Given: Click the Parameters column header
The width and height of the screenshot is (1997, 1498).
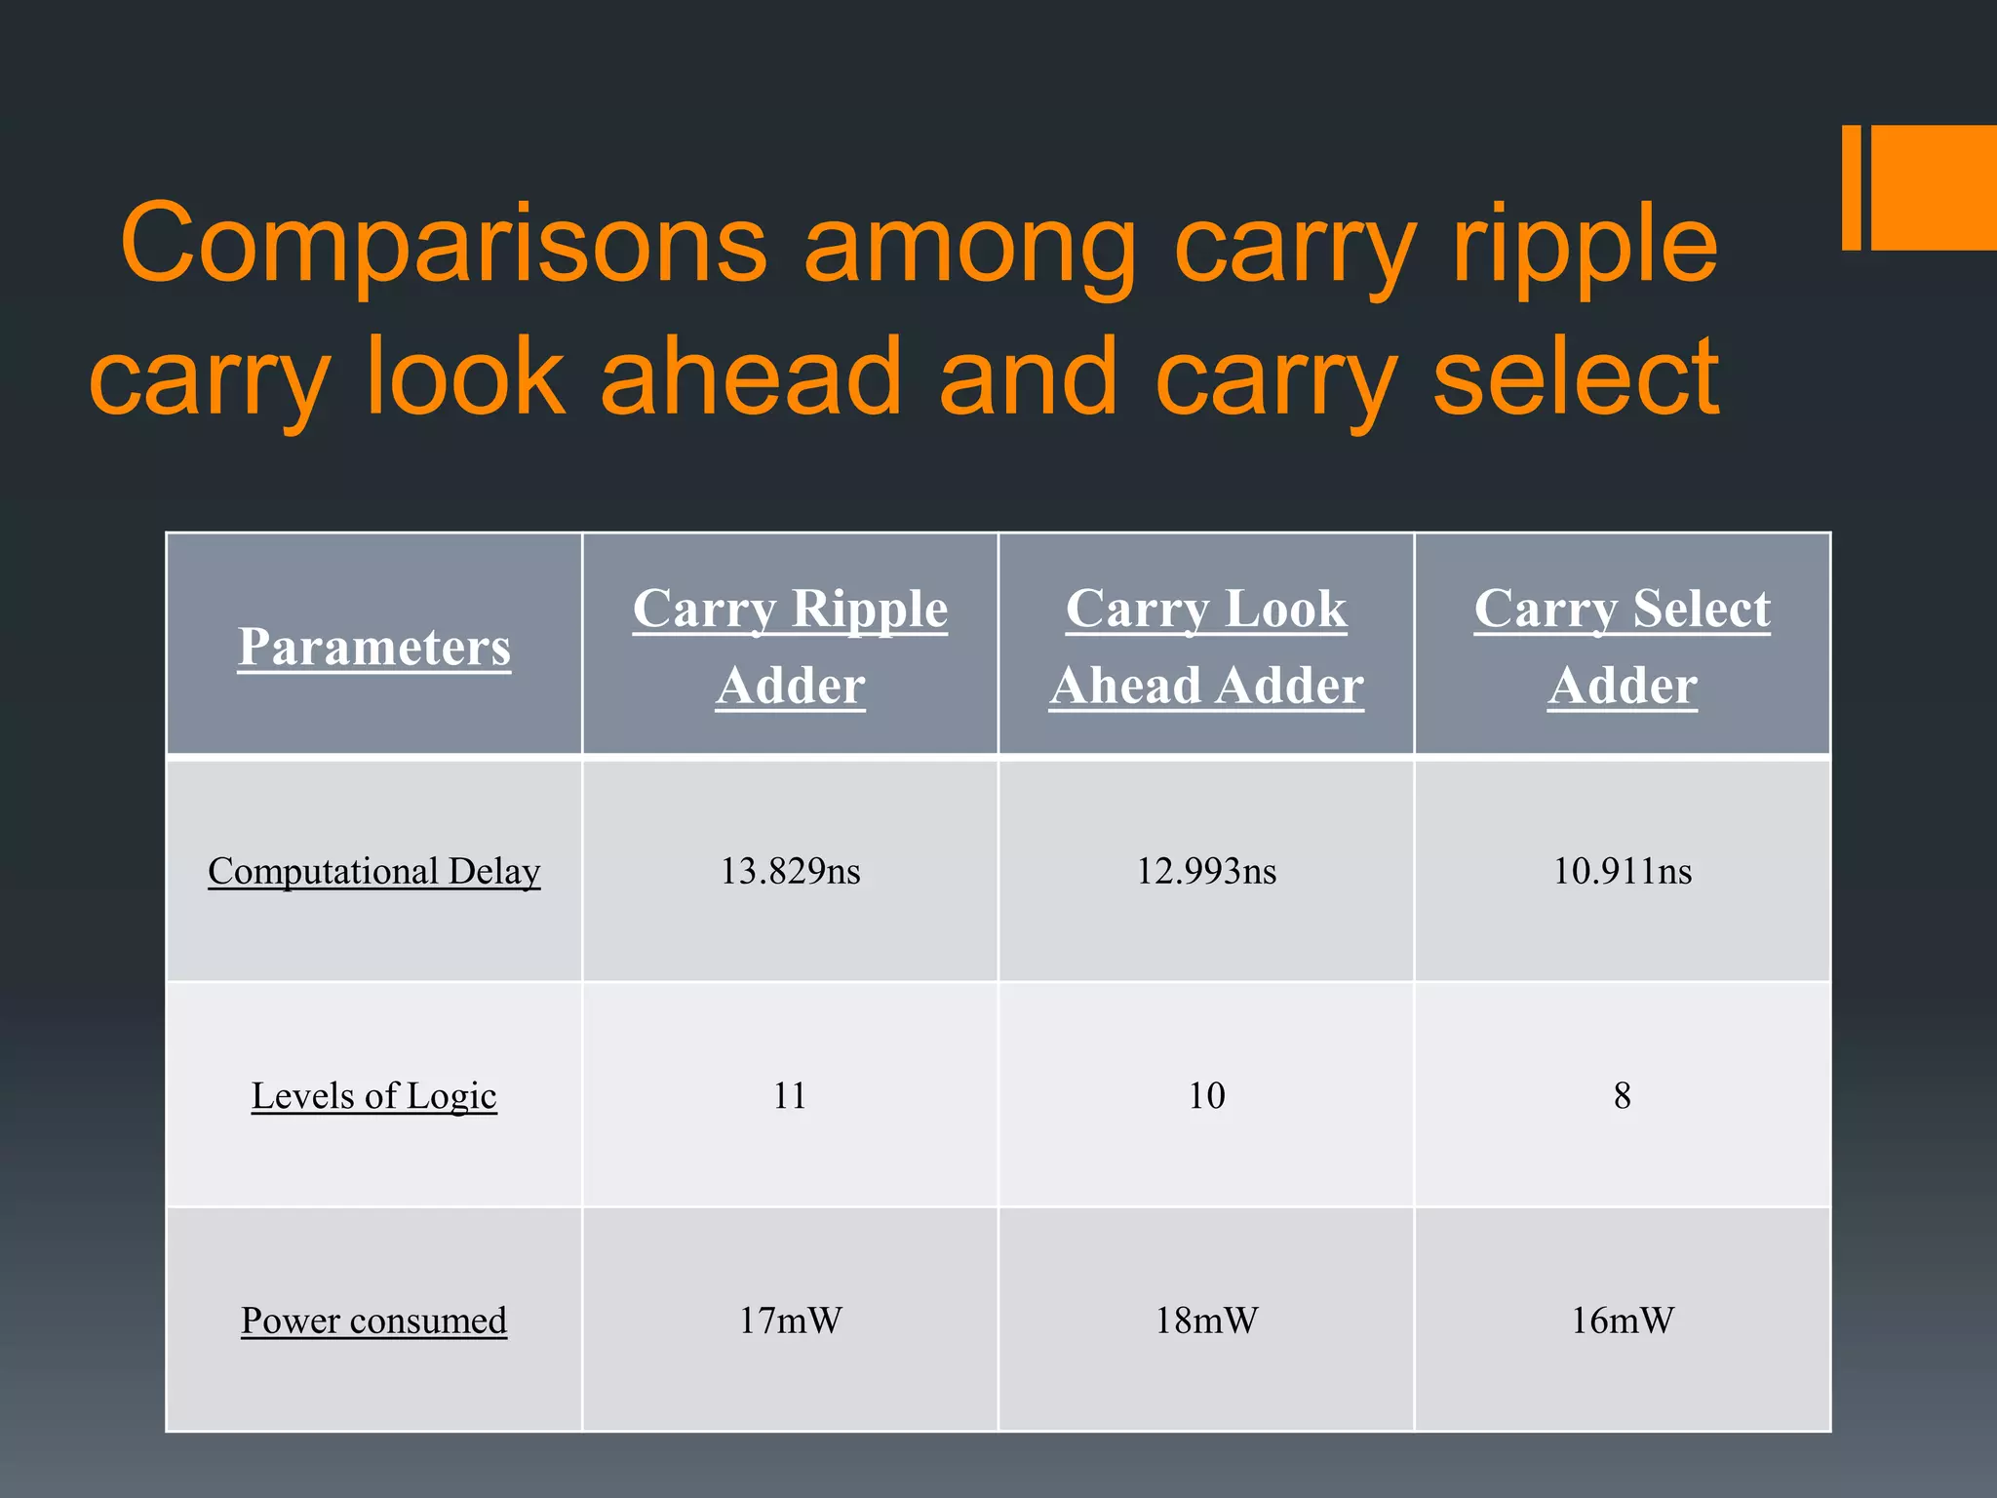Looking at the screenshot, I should (x=373, y=647).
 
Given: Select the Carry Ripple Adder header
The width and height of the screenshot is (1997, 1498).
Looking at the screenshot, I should (x=790, y=646).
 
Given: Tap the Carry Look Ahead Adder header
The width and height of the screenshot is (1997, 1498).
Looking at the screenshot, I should (x=1206, y=646).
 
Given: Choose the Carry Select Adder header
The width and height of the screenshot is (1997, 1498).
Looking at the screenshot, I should (x=1622, y=646).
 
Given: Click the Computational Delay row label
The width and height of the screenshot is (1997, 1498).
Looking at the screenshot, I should (x=373, y=871).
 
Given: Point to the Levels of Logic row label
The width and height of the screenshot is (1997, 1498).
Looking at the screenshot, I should (x=373, y=1095).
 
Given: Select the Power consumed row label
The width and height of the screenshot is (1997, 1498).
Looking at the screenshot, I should (x=373, y=1321).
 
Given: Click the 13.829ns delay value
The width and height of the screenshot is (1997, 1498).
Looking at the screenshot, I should (x=790, y=871).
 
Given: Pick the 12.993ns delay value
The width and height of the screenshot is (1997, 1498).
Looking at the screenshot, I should (x=1206, y=871).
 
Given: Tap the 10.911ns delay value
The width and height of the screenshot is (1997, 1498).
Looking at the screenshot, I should (x=1622, y=871).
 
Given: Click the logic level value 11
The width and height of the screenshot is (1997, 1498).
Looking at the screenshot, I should (x=790, y=1095).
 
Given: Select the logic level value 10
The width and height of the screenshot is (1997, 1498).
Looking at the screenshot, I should (x=1206, y=1095).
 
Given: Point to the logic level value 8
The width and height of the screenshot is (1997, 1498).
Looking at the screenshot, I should (x=1622, y=1095).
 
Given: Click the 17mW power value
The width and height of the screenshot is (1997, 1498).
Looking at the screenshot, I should (x=790, y=1321).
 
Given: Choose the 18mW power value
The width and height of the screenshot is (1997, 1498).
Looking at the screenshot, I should (x=1206, y=1321).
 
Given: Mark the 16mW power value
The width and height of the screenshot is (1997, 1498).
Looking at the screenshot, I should (x=1622, y=1321).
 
